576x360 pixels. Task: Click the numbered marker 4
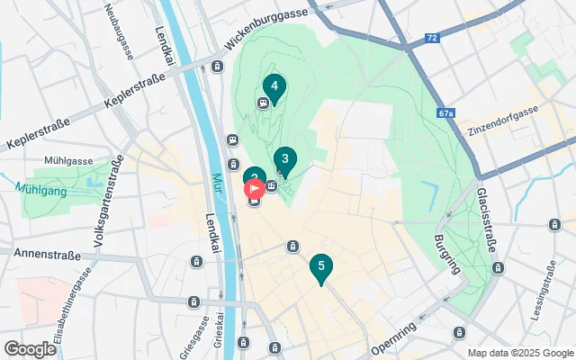274,87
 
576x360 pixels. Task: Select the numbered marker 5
320,266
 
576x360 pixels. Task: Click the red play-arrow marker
255,188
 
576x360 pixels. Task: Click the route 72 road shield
432,38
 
